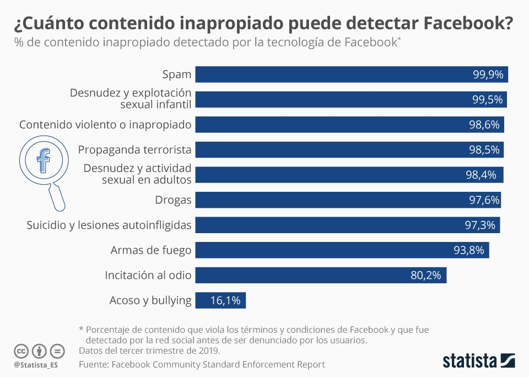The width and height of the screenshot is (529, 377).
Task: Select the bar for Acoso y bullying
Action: coord(221,300)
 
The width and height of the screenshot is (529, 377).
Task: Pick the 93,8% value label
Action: coord(469,250)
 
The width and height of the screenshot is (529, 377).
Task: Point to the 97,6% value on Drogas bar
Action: coord(484,200)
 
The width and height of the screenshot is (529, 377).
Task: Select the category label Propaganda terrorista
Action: coord(134,149)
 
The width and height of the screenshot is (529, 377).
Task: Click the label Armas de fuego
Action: coord(150,250)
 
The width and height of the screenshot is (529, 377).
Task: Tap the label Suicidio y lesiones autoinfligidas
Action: coord(109,225)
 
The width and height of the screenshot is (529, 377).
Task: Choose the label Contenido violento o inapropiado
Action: coord(105,125)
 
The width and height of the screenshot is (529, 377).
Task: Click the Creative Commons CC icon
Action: coord(21,351)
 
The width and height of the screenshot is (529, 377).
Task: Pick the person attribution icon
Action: coord(39,351)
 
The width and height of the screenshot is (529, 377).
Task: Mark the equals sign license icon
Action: coord(57,351)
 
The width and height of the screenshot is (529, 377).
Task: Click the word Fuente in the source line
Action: coord(94,364)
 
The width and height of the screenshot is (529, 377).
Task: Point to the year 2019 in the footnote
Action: coord(208,351)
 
